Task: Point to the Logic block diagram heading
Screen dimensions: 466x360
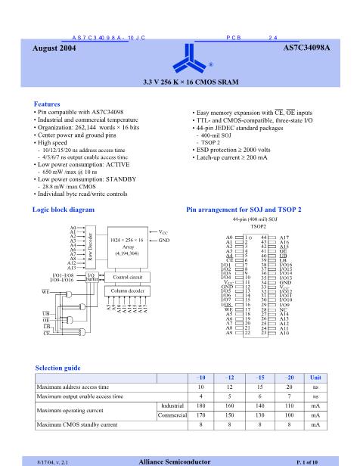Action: tap(65, 208)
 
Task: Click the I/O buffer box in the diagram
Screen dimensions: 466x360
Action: tap(91, 277)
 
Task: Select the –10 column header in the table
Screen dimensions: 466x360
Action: tap(200, 377)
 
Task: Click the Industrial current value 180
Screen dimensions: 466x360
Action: tap(200, 405)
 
